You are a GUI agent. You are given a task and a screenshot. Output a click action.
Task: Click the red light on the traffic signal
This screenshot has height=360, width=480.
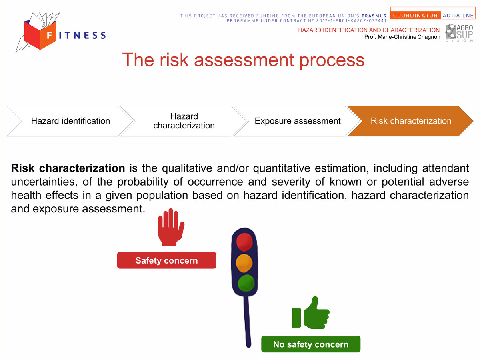[244, 242]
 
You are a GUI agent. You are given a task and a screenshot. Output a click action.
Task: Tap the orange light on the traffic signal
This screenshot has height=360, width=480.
[244, 263]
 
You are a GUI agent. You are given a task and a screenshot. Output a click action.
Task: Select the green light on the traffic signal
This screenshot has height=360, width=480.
[246, 283]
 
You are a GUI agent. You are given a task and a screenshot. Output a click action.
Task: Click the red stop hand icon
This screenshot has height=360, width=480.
[171, 227]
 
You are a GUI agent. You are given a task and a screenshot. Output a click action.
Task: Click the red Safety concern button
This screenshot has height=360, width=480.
[167, 260]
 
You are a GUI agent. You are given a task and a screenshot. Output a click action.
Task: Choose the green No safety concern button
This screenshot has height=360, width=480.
[311, 344]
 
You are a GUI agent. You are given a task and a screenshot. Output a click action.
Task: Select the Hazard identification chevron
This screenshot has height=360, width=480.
[70, 121]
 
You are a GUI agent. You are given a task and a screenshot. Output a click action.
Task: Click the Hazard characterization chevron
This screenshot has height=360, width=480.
[184, 121]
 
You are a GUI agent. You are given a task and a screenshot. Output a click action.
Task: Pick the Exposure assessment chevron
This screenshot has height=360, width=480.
[298, 121]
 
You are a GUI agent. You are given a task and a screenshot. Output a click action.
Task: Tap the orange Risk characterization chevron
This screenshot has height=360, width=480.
[411, 121]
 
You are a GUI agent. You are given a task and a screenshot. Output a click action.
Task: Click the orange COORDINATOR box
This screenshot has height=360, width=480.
[415, 15]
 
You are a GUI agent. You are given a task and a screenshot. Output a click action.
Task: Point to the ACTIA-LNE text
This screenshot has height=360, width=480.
[458, 16]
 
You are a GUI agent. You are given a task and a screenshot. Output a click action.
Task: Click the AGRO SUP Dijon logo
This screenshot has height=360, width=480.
[460, 33]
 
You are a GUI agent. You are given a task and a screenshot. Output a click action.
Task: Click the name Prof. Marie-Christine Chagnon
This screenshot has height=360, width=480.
[402, 37]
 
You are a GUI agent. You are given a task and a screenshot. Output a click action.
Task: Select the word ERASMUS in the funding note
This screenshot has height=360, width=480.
[374, 16]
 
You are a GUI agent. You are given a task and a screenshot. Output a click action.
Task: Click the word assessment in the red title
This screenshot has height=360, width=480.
[244, 60]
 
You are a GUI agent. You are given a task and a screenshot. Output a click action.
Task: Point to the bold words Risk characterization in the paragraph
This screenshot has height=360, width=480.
[68, 168]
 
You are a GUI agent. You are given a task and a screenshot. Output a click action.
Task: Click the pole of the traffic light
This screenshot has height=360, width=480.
[247, 321]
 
